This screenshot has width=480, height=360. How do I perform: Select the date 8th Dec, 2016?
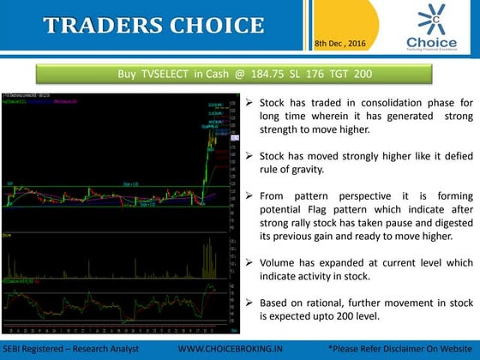point(339,42)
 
